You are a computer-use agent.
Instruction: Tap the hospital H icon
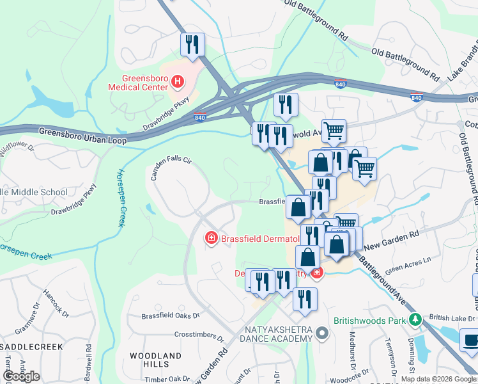178,82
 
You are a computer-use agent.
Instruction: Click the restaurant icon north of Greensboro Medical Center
192,44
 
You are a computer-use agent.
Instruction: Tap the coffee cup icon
471,340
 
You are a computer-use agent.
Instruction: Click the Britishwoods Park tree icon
415,318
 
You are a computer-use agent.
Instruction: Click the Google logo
21,376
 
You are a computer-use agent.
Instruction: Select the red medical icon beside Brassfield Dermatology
210,239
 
